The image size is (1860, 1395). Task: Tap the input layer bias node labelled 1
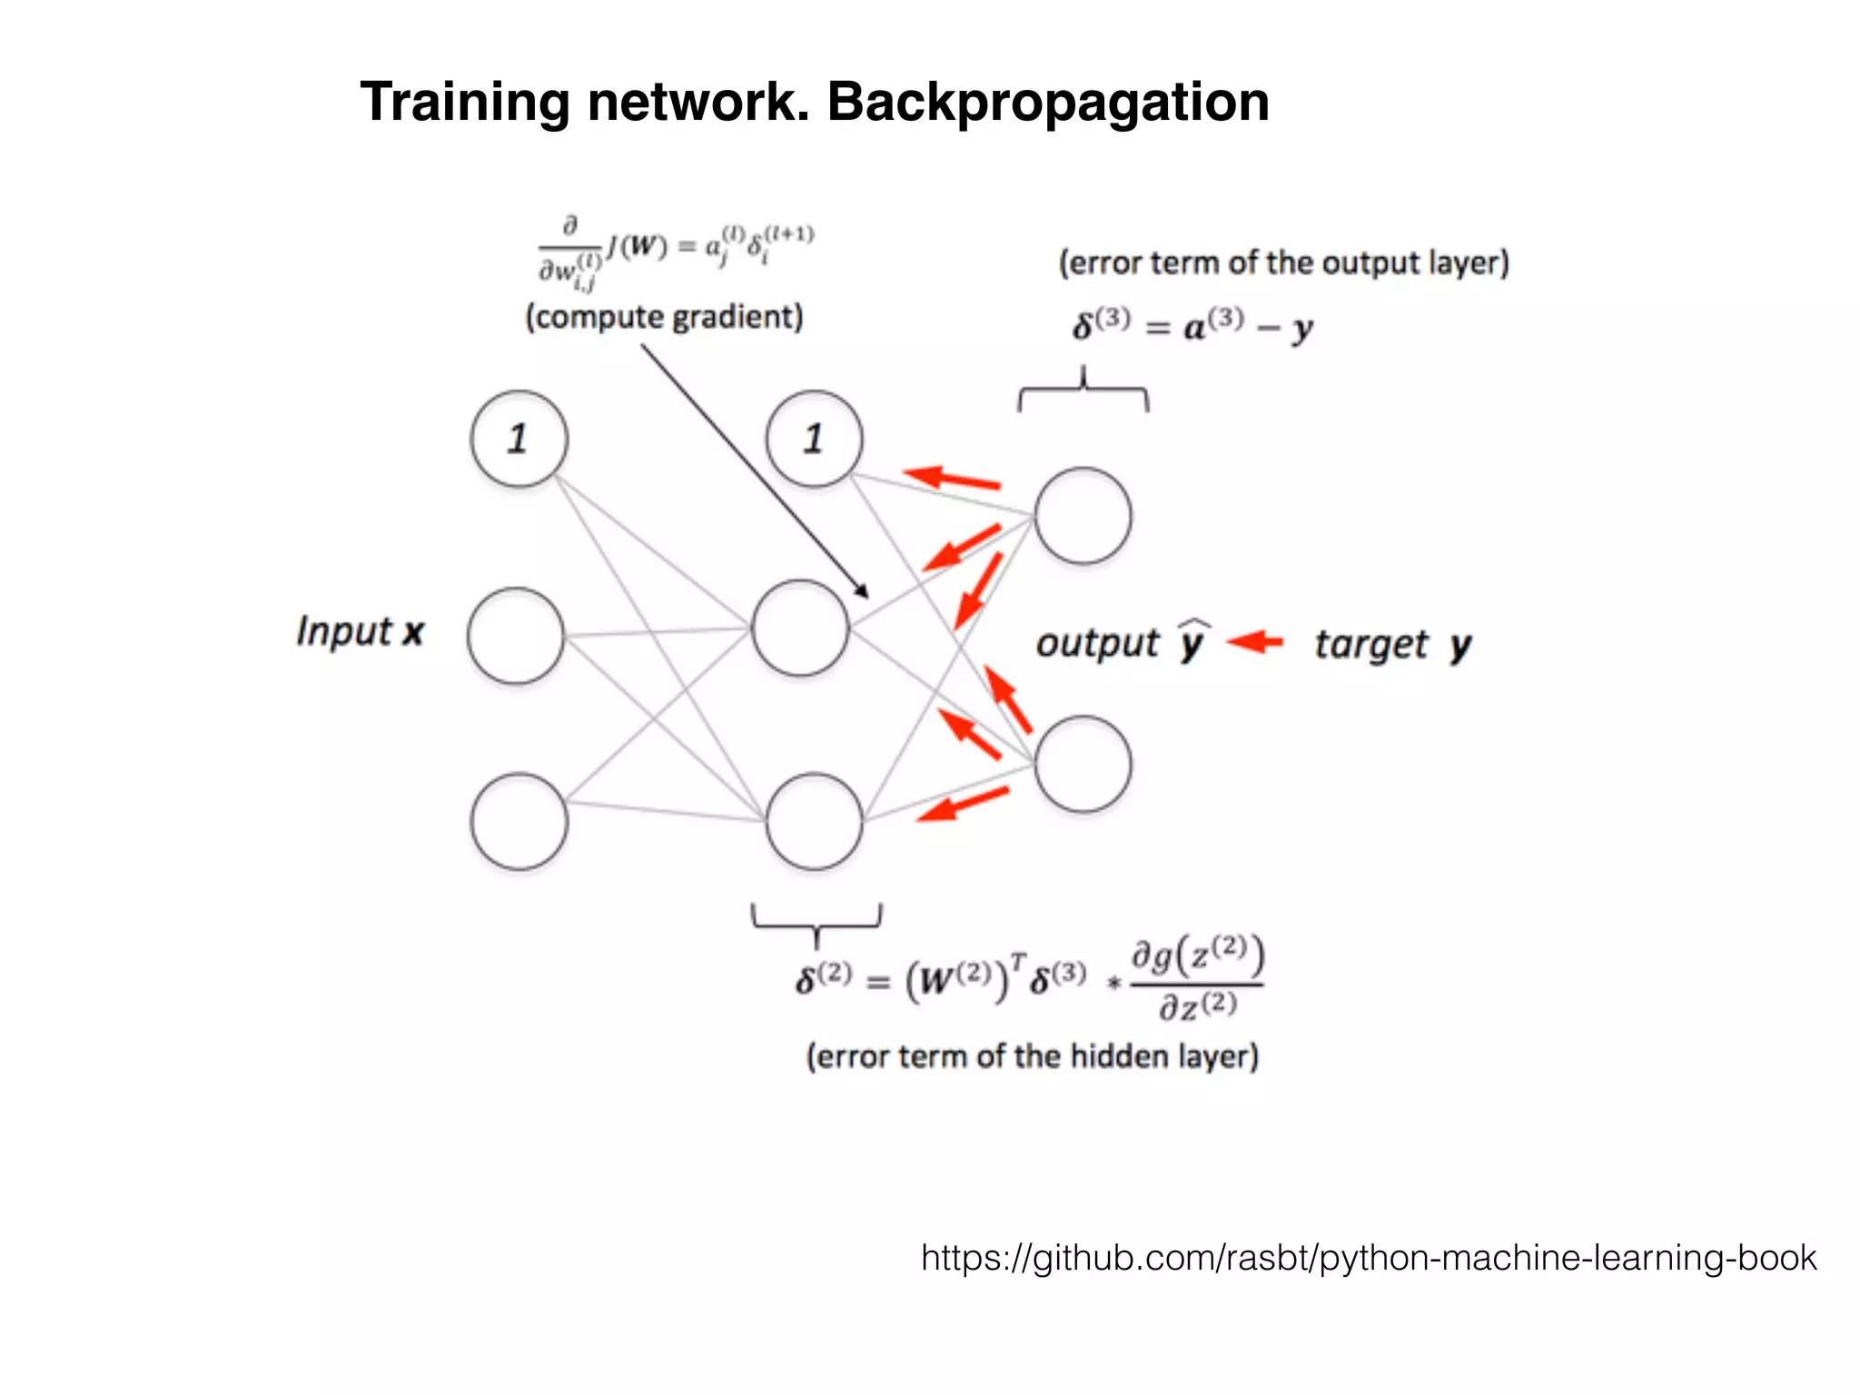coord(519,440)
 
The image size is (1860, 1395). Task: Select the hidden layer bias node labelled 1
coord(814,440)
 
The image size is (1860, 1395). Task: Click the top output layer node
coord(1083,516)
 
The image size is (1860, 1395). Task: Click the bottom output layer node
coord(1083,764)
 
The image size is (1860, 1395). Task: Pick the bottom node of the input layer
coord(519,822)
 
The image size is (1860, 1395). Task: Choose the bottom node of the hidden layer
coord(814,822)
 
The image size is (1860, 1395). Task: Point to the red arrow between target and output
coord(1255,642)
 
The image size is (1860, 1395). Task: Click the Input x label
coord(360,631)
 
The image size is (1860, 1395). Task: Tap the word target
coord(1371,645)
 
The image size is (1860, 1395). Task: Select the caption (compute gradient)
coord(664,317)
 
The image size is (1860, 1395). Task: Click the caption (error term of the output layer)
coord(1283,262)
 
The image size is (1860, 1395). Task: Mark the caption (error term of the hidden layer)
coord(1033,1056)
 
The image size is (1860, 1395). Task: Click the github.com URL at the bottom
coord(1368,1258)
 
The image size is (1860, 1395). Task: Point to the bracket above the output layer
coord(1083,391)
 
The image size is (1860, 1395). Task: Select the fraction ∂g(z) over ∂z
coord(1197,981)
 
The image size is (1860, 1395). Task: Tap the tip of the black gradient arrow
coord(866,596)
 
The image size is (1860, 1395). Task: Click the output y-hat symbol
coord(1192,640)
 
